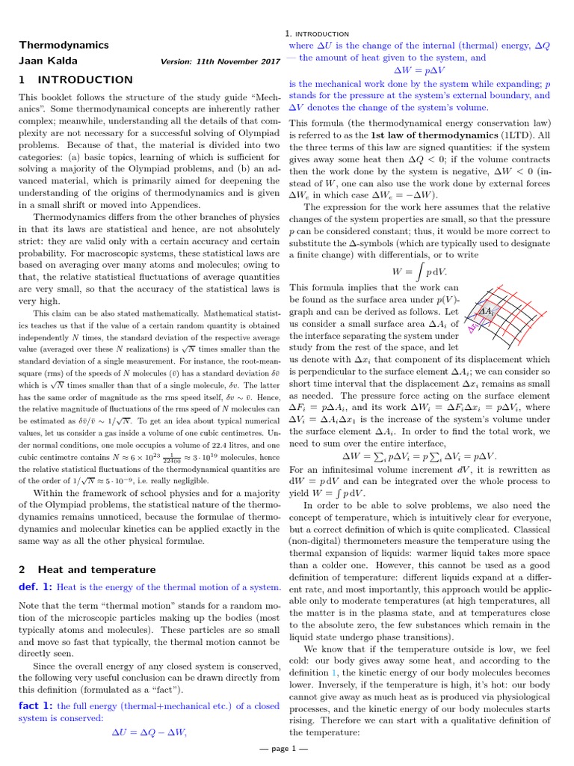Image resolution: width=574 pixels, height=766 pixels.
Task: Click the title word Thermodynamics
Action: tap(64, 45)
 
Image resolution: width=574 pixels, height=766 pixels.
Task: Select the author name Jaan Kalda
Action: tap(48, 61)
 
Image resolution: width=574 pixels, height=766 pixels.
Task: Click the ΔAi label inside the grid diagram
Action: tap(487, 311)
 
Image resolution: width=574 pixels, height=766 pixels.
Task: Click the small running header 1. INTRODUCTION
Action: tap(317, 34)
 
